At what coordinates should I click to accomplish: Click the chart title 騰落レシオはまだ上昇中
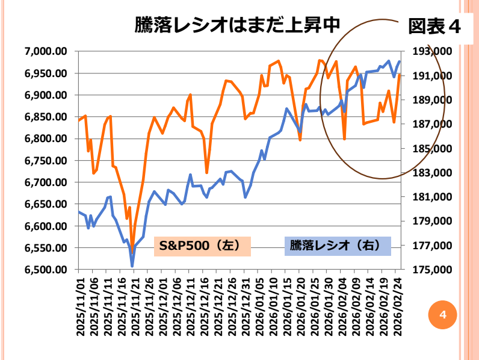238,25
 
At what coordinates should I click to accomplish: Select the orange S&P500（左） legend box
202,246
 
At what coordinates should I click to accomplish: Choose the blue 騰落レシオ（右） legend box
336,246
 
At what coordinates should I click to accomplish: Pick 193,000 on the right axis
428,52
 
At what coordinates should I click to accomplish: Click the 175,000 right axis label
428,270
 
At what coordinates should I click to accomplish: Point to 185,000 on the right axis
428,149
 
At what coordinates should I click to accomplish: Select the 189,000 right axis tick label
428,100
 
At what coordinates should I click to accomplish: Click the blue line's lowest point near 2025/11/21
132,265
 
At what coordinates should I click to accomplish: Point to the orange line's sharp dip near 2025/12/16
206,173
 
